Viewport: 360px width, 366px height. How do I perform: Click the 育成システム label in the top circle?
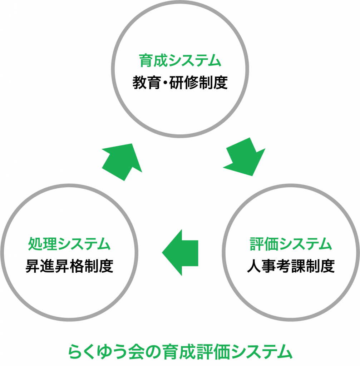180,61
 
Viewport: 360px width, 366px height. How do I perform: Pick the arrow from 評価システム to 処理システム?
181,252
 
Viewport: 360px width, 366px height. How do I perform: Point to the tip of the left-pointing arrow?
163,252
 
